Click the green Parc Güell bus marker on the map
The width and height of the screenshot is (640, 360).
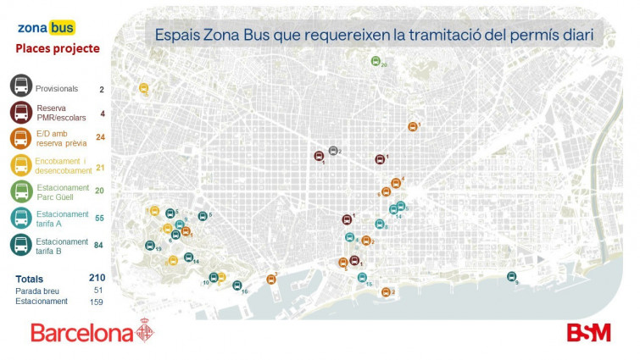(x=376, y=61)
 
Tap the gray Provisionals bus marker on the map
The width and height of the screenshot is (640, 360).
(x=333, y=151)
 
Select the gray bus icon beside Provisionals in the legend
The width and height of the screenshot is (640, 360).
(x=21, y=86)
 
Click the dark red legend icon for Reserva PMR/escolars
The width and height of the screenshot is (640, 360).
(x=21, y=113)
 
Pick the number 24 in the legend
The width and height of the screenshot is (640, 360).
(x=100, y=137)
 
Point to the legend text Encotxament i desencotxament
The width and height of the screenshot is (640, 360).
(x=62, y=165)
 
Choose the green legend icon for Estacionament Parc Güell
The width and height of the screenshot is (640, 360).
(x=21, y=191)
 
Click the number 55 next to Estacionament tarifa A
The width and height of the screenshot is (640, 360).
(x=100, y=219)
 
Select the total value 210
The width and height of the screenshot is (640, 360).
(x=97, y=278)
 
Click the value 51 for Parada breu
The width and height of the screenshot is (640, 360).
(x=98, y=290)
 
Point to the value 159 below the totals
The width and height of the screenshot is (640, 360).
(x=97, y=302)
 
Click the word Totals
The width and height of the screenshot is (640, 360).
(x=30, y=279)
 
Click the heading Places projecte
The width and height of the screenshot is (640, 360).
(x=58, y=49)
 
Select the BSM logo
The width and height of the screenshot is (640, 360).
(x=588, y=332)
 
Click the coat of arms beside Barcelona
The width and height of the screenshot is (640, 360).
(x=146, y=331)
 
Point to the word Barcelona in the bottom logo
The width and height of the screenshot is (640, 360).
(x=82, y=332)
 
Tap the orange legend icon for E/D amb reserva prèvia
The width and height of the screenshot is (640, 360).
(x=21, y=139)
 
